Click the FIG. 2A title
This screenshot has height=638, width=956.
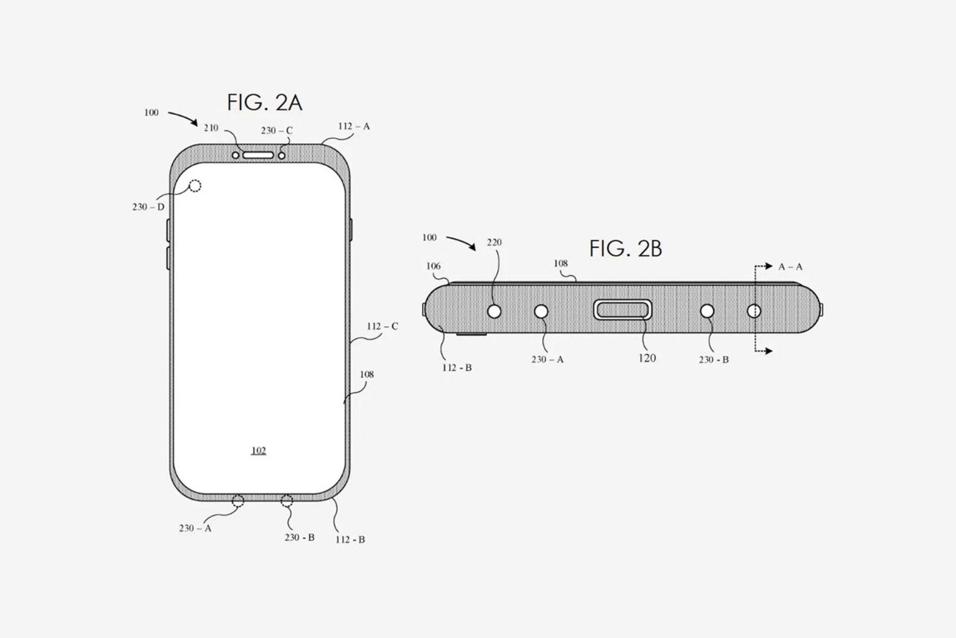click(x=264, y=103)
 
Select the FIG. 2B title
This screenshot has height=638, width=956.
click(x=626, y=249)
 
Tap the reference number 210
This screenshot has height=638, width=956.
click(x=211, y=128)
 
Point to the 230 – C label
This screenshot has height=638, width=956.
click(x=277, y=131)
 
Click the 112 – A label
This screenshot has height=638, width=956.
click(x=354, y=127)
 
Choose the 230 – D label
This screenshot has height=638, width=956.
click(x=148, y=207)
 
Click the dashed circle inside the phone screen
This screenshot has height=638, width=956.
click(x=195, y=186)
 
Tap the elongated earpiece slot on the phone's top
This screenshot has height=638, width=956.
click(x=258, y=155)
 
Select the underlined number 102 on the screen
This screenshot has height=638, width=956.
click(x=258, y=451)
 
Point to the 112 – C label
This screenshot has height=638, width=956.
click(x=382, y=326)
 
